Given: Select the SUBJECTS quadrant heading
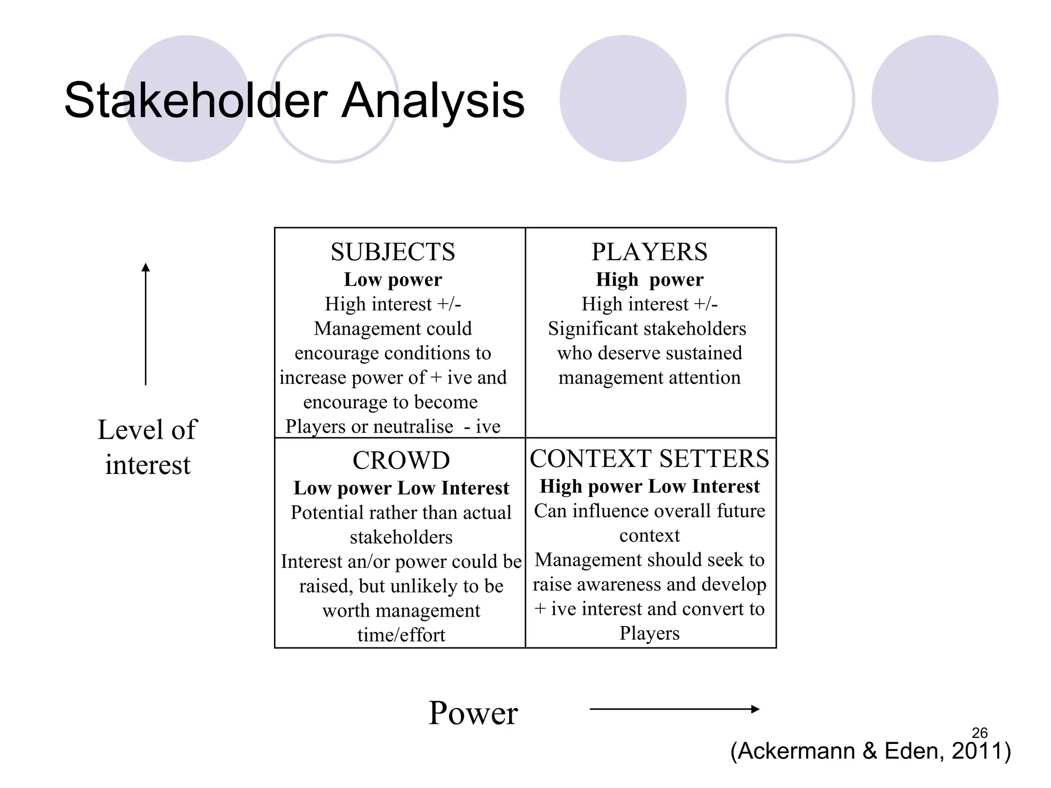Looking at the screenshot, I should (393, 252).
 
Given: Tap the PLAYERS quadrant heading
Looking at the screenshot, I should (649, 252).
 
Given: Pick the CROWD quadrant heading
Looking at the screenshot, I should (401, 460).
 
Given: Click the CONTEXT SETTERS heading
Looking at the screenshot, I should (649, 458).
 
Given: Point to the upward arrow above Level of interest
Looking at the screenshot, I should (146, 323).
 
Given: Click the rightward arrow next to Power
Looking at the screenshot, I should (674, 709).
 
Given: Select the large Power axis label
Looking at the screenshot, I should (473, 713).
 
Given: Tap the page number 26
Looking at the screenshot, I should (980, 733).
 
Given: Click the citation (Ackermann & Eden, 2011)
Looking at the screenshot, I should (870, 751).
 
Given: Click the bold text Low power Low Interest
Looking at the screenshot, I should (401, 488).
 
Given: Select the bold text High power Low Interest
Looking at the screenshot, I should (649, 486).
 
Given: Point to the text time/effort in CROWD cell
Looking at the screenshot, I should (401, 635).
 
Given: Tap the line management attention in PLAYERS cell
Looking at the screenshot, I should (649, 378).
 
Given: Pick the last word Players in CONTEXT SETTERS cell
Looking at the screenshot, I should (649, 633).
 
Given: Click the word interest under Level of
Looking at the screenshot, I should (148, 465).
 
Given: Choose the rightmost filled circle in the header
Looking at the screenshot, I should (935, 98).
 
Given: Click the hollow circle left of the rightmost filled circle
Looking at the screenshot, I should (790, 98).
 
